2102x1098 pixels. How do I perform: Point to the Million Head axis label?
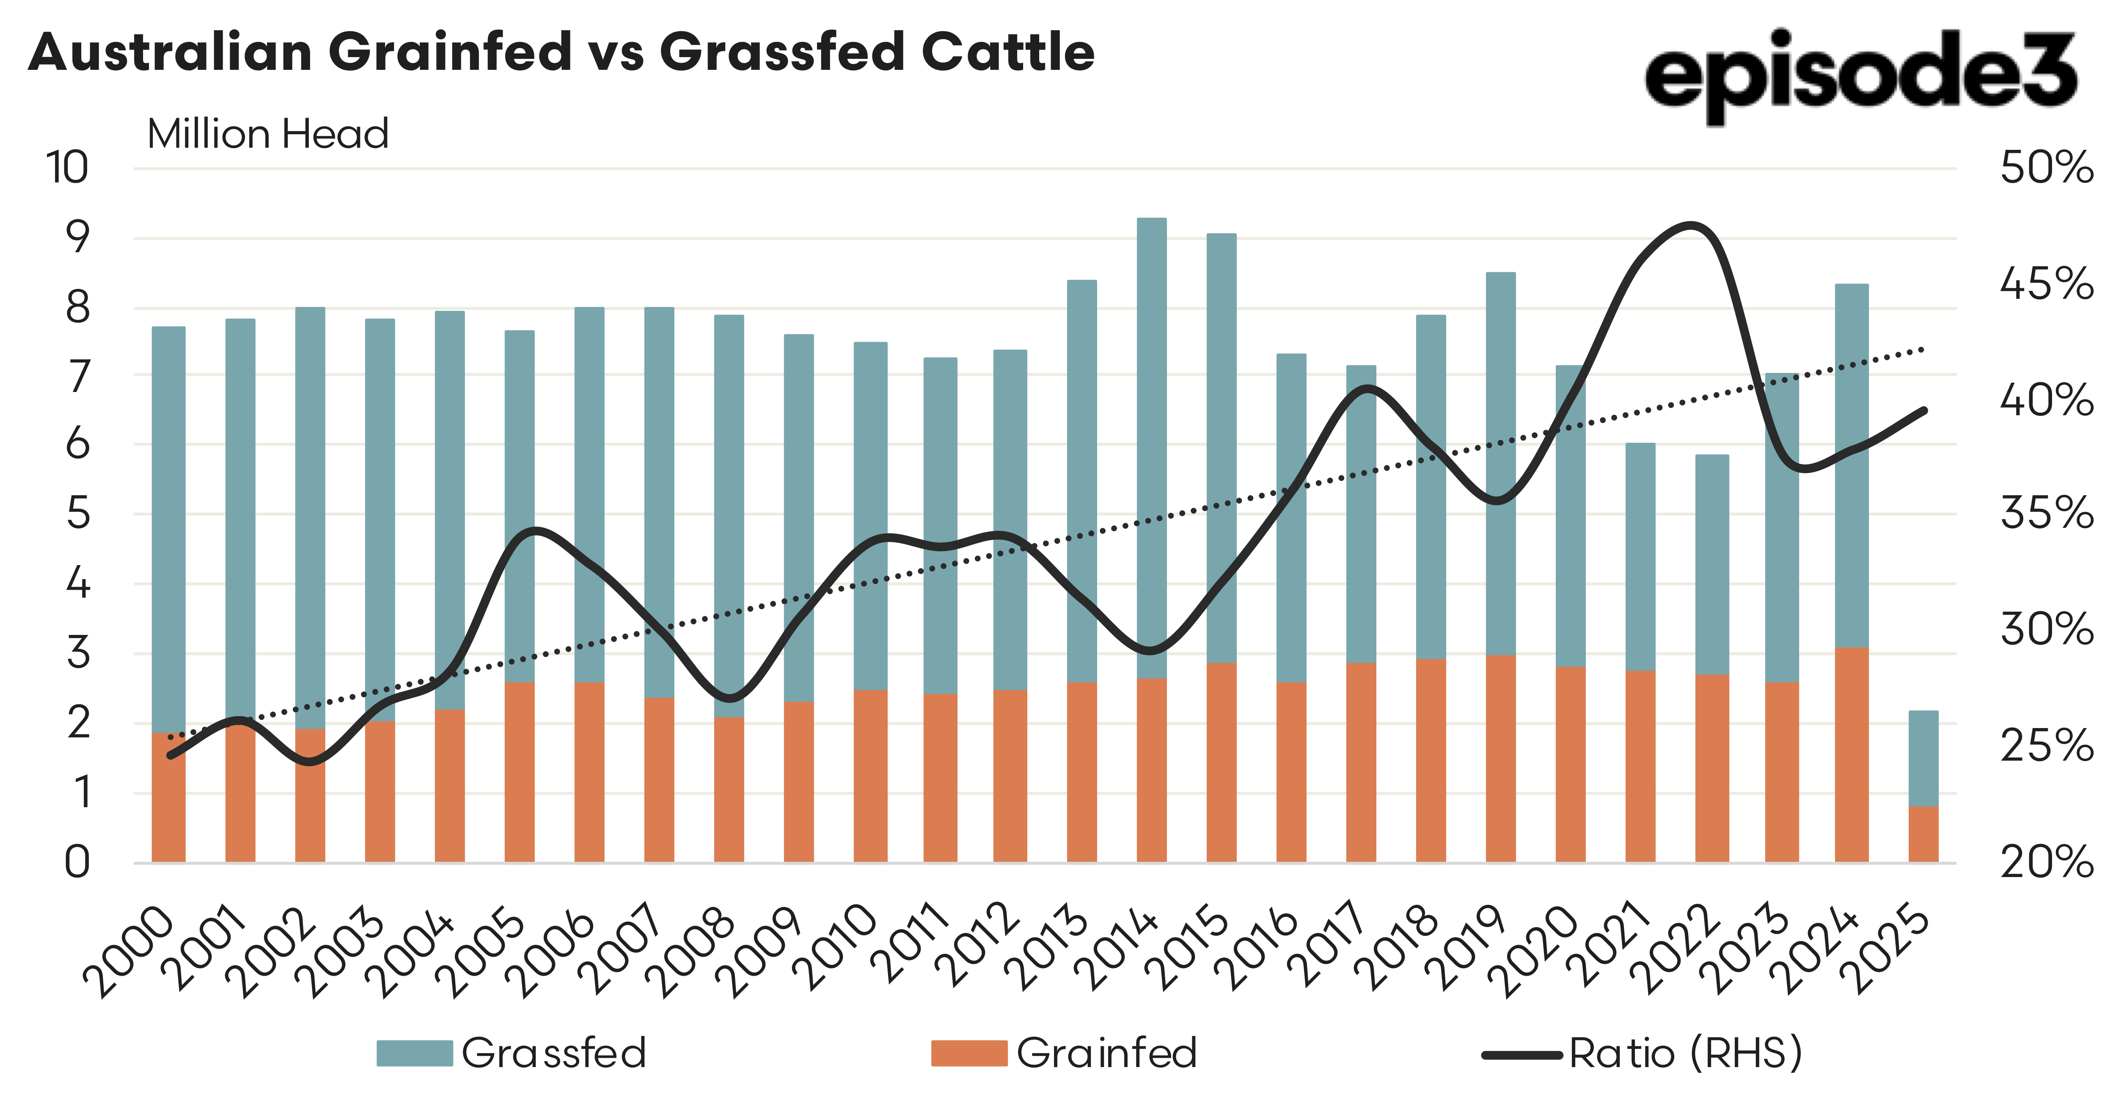click(x=268, y=134)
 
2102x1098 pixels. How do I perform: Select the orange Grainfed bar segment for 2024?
click(x=1852, y=755)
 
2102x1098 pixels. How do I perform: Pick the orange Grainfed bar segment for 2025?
click(x=1923, y=834)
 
